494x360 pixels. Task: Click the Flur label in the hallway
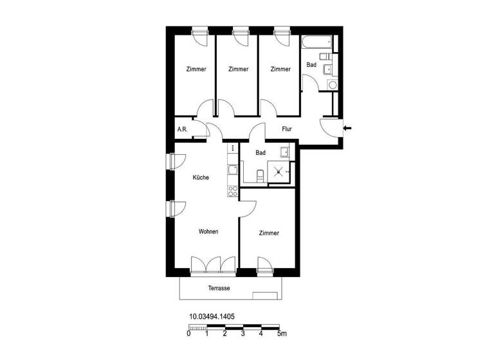(287, 129)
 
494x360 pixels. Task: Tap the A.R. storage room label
(182, 129)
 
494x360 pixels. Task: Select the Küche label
(201, 178)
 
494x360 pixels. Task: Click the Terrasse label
(219, 289)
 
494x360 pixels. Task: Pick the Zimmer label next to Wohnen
(269, 233)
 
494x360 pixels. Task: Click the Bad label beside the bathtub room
(311, 65)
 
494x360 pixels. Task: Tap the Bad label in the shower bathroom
(261, 153)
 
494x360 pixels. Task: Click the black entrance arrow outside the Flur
(348, 129)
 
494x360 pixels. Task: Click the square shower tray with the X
(279, 172)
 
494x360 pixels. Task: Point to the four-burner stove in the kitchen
(232, 190)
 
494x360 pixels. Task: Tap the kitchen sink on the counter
(232, 170)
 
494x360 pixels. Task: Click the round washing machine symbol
(332, 84)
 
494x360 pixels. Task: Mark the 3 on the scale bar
(242, 334)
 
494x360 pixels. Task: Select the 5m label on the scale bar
(281, 334)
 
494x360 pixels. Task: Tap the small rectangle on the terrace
(266, 296)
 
